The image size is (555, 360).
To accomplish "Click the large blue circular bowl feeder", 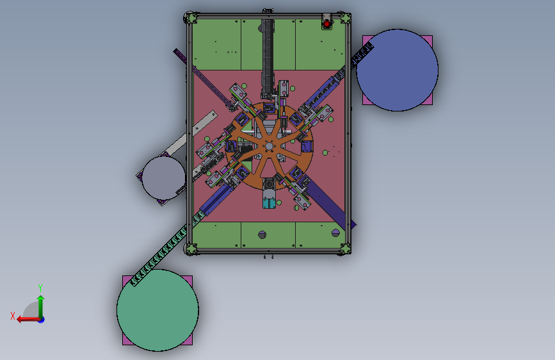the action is [x=397, y=70].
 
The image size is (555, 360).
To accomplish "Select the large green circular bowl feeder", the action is [x=157, y=311].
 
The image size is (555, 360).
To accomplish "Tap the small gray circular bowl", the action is [x=163, y=178].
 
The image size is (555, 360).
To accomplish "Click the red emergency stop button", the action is [x=326, y=24].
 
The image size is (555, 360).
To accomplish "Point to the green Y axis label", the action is [x=40, y=288].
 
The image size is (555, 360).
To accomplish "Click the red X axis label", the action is [x=13, y=316].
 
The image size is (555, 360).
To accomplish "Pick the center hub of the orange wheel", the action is [x=269, y=146].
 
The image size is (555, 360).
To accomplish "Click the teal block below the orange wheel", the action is [x=269, y=204].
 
